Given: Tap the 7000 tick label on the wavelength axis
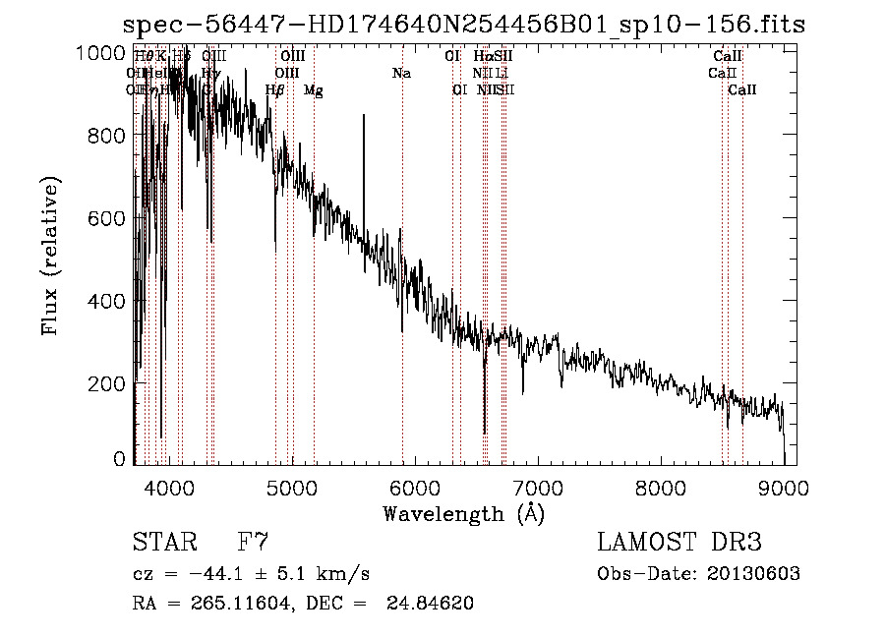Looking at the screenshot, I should (x=538, y=489).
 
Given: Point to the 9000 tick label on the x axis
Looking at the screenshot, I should (x=784, y=489).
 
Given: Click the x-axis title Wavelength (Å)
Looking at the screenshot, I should (x=463, y=513).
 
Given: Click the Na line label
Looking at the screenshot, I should (x=401, y=74).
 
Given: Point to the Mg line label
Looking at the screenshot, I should (x=314, y=90).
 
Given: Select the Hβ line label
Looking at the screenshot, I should (x=275, y=90).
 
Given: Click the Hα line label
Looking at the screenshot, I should (x=482, y=57).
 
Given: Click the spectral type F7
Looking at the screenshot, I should (x=253, y=543).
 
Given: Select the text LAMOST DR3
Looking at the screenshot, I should (x=679, y=543).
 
